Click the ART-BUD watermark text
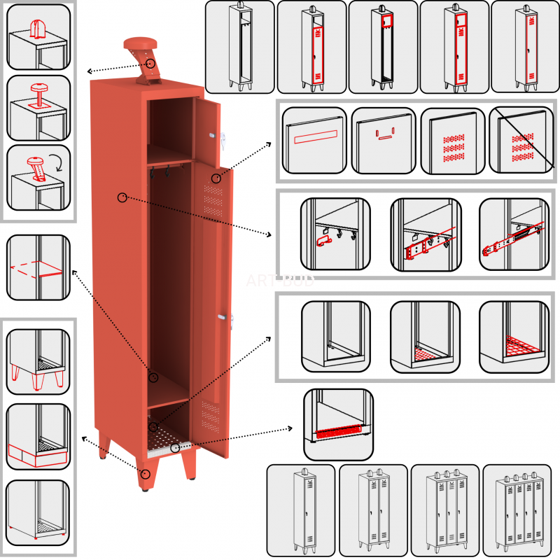[x=280, y=281]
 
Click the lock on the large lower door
[x=223, y=318]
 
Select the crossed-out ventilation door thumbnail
[x=520, y=140]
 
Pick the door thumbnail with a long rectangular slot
[x=314, y=140]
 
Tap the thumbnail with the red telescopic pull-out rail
[x=513, y=234]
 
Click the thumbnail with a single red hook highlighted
[x=333, y=234]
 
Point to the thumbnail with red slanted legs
[x=38, y=359]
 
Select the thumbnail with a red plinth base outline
[x=38, y=436]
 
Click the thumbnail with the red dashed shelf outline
[x=38, y=267]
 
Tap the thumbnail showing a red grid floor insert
[x=513, y=337]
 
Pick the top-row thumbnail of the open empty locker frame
[x=240, y=47]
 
